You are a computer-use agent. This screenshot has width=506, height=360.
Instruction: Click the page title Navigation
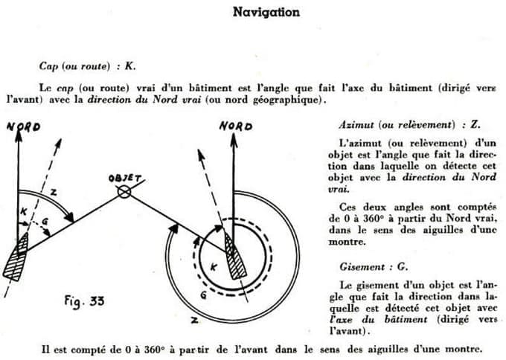click(266, 12)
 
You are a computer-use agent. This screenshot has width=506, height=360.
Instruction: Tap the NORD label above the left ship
click(23, 126)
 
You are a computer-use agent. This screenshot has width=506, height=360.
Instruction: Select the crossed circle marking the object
click(124, 192)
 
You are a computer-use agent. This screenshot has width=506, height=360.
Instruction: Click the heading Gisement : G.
click(360, 267)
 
